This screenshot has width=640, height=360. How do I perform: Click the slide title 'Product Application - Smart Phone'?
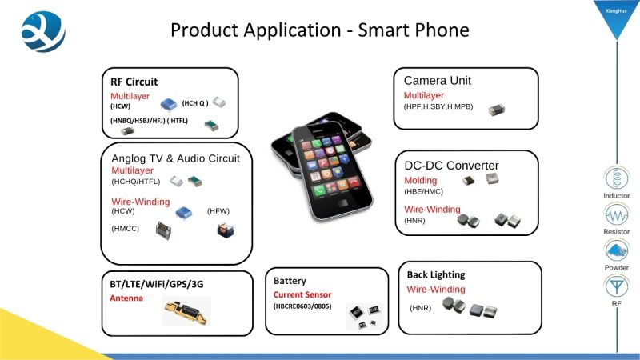(319, 30)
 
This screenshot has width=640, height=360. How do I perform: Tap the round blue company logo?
(43, 31)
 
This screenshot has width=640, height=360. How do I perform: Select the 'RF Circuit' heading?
(134, 82)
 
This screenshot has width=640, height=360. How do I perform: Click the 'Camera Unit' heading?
(437, 81)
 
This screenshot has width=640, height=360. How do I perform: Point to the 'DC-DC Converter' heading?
(451, 166)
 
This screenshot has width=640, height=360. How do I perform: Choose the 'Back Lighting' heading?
(436, 274)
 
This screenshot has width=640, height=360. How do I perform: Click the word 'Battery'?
(290, 281)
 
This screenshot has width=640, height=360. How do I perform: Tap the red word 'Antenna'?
(126, 298)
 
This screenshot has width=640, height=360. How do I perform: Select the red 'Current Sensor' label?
(302, 294)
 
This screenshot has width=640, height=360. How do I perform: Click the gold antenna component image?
(186, 312)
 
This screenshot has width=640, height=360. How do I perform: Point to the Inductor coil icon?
(616, 178)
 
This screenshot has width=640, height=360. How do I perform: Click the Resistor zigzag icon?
(616, 214)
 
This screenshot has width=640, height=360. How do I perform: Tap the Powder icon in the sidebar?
(616, 250)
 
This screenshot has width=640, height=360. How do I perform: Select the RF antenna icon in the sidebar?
(616, 286)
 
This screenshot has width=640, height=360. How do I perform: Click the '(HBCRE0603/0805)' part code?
(302, 306)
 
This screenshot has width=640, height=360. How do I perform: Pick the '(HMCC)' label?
(126, 229)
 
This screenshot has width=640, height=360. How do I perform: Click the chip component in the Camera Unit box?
(497, 110)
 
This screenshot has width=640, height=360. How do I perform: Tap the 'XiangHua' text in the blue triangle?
(616, 11)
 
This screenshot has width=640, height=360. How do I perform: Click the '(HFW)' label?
(218, 211)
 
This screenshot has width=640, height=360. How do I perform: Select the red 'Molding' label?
(421, 181)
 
